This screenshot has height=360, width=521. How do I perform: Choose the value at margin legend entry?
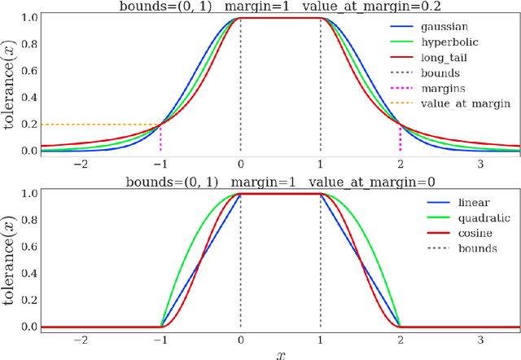coord(465,103)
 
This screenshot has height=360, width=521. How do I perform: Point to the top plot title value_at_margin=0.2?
coord(357,7)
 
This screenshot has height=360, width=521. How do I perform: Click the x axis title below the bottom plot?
coord(281,353)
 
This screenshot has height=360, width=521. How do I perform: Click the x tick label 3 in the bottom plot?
coord(479,337)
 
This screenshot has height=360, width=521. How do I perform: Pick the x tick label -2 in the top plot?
coord(80,163)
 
